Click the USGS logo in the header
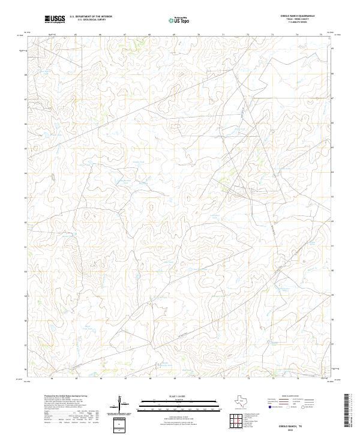(55, 19)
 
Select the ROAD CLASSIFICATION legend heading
(292, 397)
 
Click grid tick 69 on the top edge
(173, 35)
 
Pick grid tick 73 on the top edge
(248, 35)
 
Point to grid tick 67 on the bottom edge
(124, 379)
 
